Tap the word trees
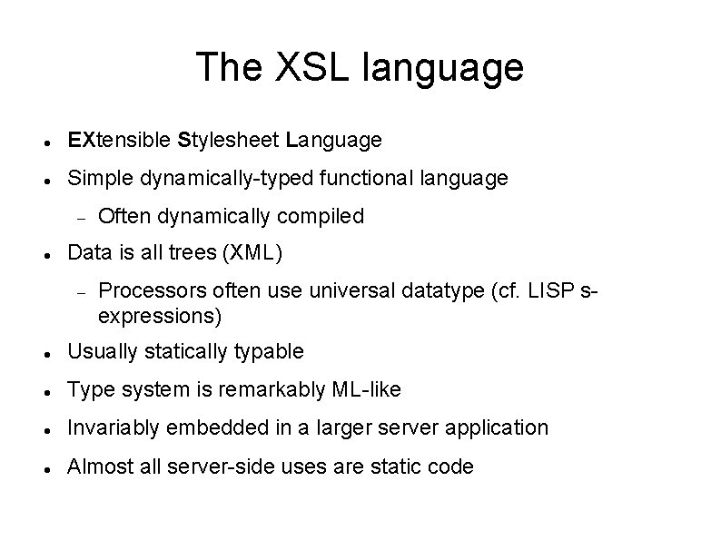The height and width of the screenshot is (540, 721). pos(192,253)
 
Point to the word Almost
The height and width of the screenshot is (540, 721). pos(95,466)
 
